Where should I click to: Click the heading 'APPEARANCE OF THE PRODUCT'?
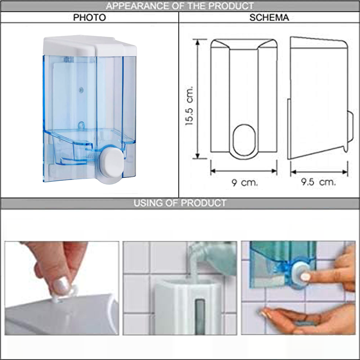coord(180,6)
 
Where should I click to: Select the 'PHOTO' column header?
coord(90,18)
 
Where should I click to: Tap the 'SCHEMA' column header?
coord(269,18)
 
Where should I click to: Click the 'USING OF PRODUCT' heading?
coord(180,203)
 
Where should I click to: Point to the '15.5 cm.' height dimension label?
coord(190,106)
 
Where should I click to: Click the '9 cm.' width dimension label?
coord(244,183)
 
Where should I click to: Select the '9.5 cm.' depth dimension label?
coord(319,182)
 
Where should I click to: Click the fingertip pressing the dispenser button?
coord(306,276)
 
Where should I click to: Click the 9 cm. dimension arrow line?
coord(244,171)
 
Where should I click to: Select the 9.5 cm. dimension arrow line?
coord(319,172)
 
